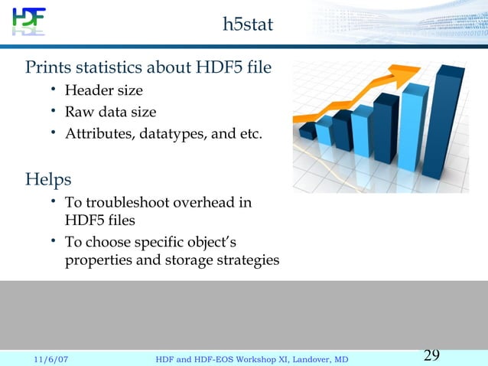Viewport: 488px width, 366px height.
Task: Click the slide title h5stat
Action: pyautogui.click(x=247, y=25)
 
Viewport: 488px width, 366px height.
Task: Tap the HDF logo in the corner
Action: pyautogui.click(x=28, y=21)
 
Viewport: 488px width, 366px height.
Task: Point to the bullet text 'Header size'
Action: pyautogui.click(x=103, y=91)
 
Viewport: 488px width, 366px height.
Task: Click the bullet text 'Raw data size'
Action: pyautogui.click(x=110, y=113)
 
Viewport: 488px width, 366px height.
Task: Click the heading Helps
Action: pyautogui.click(x=48, y=180)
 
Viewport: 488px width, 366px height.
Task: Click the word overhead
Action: pyautogui.click(x=203, y=203)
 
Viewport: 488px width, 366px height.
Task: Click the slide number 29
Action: pyautogui.click(x=431, y=355)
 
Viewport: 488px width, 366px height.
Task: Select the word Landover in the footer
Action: pyautogui.click(x=307, y=358)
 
